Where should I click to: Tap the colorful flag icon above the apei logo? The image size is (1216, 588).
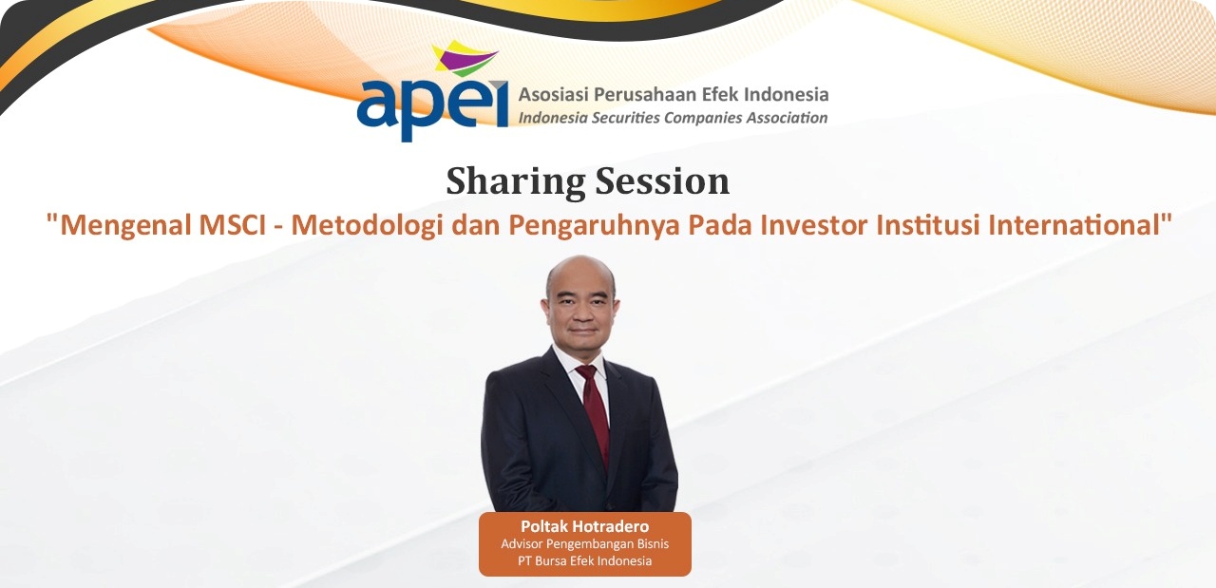tap(465, 58)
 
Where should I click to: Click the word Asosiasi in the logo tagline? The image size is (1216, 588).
tap(553, 94)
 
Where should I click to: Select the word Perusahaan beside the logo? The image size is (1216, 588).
tap(645, 94)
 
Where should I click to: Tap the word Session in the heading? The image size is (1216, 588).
tap(663, 180)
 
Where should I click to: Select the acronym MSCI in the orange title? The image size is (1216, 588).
tap(233, 225)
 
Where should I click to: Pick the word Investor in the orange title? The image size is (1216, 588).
tap(812, 225)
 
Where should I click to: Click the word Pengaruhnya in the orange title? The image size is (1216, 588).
tap(594, 226)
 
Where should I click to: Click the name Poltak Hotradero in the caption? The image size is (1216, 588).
tap(584, 526)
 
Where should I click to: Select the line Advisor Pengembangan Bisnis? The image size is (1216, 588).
tap(584, 544)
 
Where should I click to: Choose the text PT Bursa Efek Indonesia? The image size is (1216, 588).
tap(584, 560)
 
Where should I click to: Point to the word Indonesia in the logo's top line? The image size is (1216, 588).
tap(786, 94)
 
